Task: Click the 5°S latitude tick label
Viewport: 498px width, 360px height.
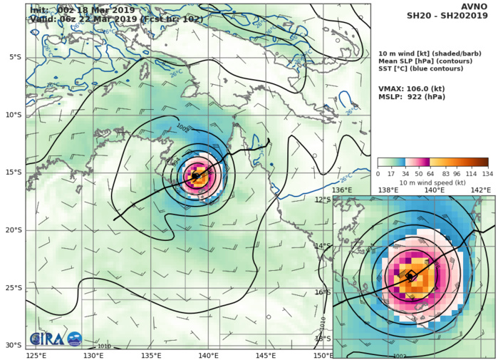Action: pyautogui.click(x=13, y=57)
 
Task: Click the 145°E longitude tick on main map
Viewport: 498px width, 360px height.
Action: pyautogui.click(x=266, y=355)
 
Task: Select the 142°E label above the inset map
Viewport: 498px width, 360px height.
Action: pyautogui.click(x=482, y=190)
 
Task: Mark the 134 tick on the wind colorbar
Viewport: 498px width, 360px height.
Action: pyautogui.click(x=488, y=173)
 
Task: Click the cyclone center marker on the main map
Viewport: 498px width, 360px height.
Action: pyautogui.click(x=196, y=175)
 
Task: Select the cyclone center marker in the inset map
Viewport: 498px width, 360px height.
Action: pyautogui.click(x=411, y=276)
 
